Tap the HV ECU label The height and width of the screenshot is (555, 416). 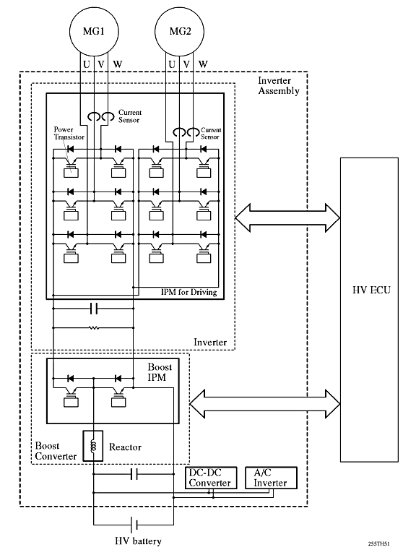[x=371, y=291]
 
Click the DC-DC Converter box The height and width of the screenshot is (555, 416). [x=211, y=478]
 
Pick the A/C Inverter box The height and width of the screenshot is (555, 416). [x=271, y=478]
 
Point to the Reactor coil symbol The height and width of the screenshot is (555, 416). [x=93, y=446]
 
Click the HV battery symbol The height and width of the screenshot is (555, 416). [x=134, y=525]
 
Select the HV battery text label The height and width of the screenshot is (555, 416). [x=139, y=541]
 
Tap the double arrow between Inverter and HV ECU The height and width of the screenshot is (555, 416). [x=287, y=218]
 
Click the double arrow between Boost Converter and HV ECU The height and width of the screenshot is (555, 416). [x=265, y=404]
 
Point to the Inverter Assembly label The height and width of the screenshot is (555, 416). [x=279, y=86]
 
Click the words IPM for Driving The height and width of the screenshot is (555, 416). [x=189, y=292]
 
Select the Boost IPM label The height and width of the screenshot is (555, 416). [x=160, y=372]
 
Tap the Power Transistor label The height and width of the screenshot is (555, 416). [x=69, y=133]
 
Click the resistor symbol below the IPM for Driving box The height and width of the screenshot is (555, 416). [x=94, y=328]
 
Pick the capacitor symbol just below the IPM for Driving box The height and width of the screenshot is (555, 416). [x=94, y=309]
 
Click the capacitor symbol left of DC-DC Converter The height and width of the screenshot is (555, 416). [x=134, y=474]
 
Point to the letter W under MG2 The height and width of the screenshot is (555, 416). [x=203, y=64]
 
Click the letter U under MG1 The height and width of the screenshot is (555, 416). [x=87, y=64]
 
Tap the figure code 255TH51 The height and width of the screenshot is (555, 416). [x=380, y=543]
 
